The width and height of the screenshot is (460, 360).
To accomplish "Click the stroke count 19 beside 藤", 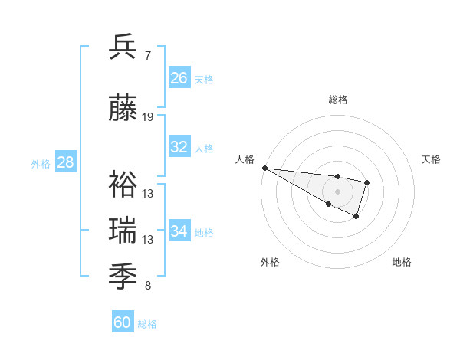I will click(x=148, y=117).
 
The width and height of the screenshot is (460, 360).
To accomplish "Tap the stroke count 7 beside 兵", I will click(x=147, y=55).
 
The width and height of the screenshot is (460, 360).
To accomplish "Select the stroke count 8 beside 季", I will click(x=147, y=286).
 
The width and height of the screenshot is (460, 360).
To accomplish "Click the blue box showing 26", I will click(x=179, y=78).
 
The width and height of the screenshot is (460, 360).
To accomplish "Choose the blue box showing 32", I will click(x=179, y=147).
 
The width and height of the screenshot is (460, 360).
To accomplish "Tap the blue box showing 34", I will click(x=179, y=231).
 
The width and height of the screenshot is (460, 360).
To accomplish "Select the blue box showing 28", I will click(x=65, y=162).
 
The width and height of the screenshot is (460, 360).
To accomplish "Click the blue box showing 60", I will click(x=123, y=322).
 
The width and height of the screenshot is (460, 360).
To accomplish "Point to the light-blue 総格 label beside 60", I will click(x=148, y=324).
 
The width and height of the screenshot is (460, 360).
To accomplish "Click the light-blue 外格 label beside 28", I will click(x=41, y=164).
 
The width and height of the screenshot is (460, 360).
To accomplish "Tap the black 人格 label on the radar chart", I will click(x=245, y=159).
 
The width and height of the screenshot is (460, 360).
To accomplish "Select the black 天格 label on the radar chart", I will click(x=431, y=159).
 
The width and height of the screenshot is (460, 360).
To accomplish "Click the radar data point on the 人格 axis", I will click(x=264, y=168).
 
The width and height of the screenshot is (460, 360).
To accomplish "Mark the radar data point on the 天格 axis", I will click(x=367, y=182).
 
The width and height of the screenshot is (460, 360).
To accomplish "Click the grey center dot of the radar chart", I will click(x=337, y=191).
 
